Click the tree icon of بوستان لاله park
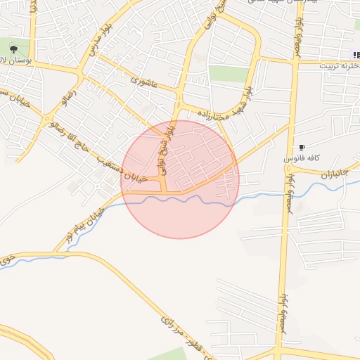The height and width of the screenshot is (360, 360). (14, 49)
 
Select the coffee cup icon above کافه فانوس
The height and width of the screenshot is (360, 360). (302, 147)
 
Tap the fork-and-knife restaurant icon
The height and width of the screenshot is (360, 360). (356, 55)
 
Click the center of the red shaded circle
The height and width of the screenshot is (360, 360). (180, 179)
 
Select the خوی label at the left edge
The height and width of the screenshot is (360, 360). (6, 260)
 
